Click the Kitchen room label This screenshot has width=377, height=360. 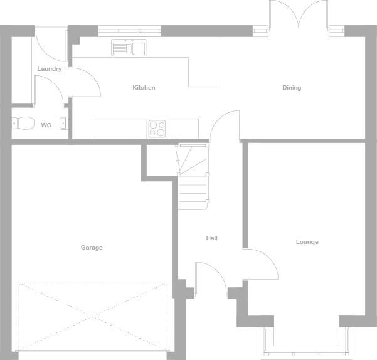144,88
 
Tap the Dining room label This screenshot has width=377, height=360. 291,88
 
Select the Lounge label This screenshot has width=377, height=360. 307,242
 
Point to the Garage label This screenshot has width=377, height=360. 92,248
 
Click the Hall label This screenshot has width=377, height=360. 212,238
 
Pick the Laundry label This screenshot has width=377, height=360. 50,69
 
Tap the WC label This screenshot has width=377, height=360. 46,125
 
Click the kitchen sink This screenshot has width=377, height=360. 129,48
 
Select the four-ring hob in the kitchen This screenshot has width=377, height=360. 157,129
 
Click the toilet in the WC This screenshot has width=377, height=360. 24,124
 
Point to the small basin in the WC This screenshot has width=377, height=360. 63,123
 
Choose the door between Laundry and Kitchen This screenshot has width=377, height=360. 85,82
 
